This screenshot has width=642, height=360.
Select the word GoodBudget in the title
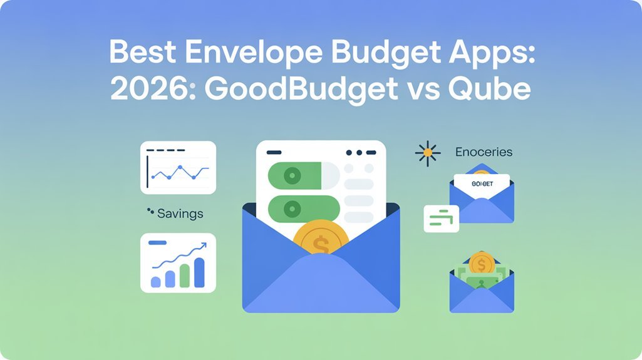click(300, 89)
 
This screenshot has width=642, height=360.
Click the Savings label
click(180, 213)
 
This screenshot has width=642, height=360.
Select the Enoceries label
click(484, 152)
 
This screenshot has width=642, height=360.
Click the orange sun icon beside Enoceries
click(428, 152)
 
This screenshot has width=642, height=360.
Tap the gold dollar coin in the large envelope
click(320, 241)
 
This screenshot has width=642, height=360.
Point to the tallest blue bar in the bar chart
click(200, 270)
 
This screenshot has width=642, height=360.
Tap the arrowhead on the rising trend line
click(203, 245)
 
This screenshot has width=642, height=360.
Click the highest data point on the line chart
click(180, 168)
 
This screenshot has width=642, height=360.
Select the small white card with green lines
click(441, 218)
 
